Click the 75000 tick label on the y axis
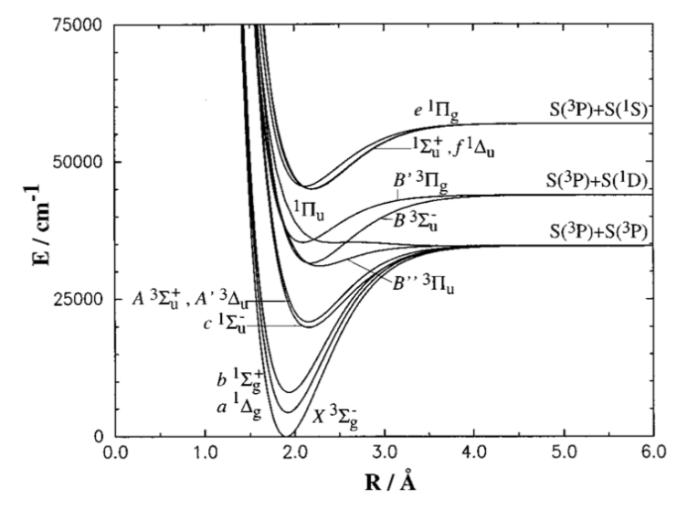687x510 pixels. click(x=77, y=26)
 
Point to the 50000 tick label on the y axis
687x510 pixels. click(x=77, y=162)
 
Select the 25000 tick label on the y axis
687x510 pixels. click(x=77, y=299)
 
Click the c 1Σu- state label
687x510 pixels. click(x=225, y=324)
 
